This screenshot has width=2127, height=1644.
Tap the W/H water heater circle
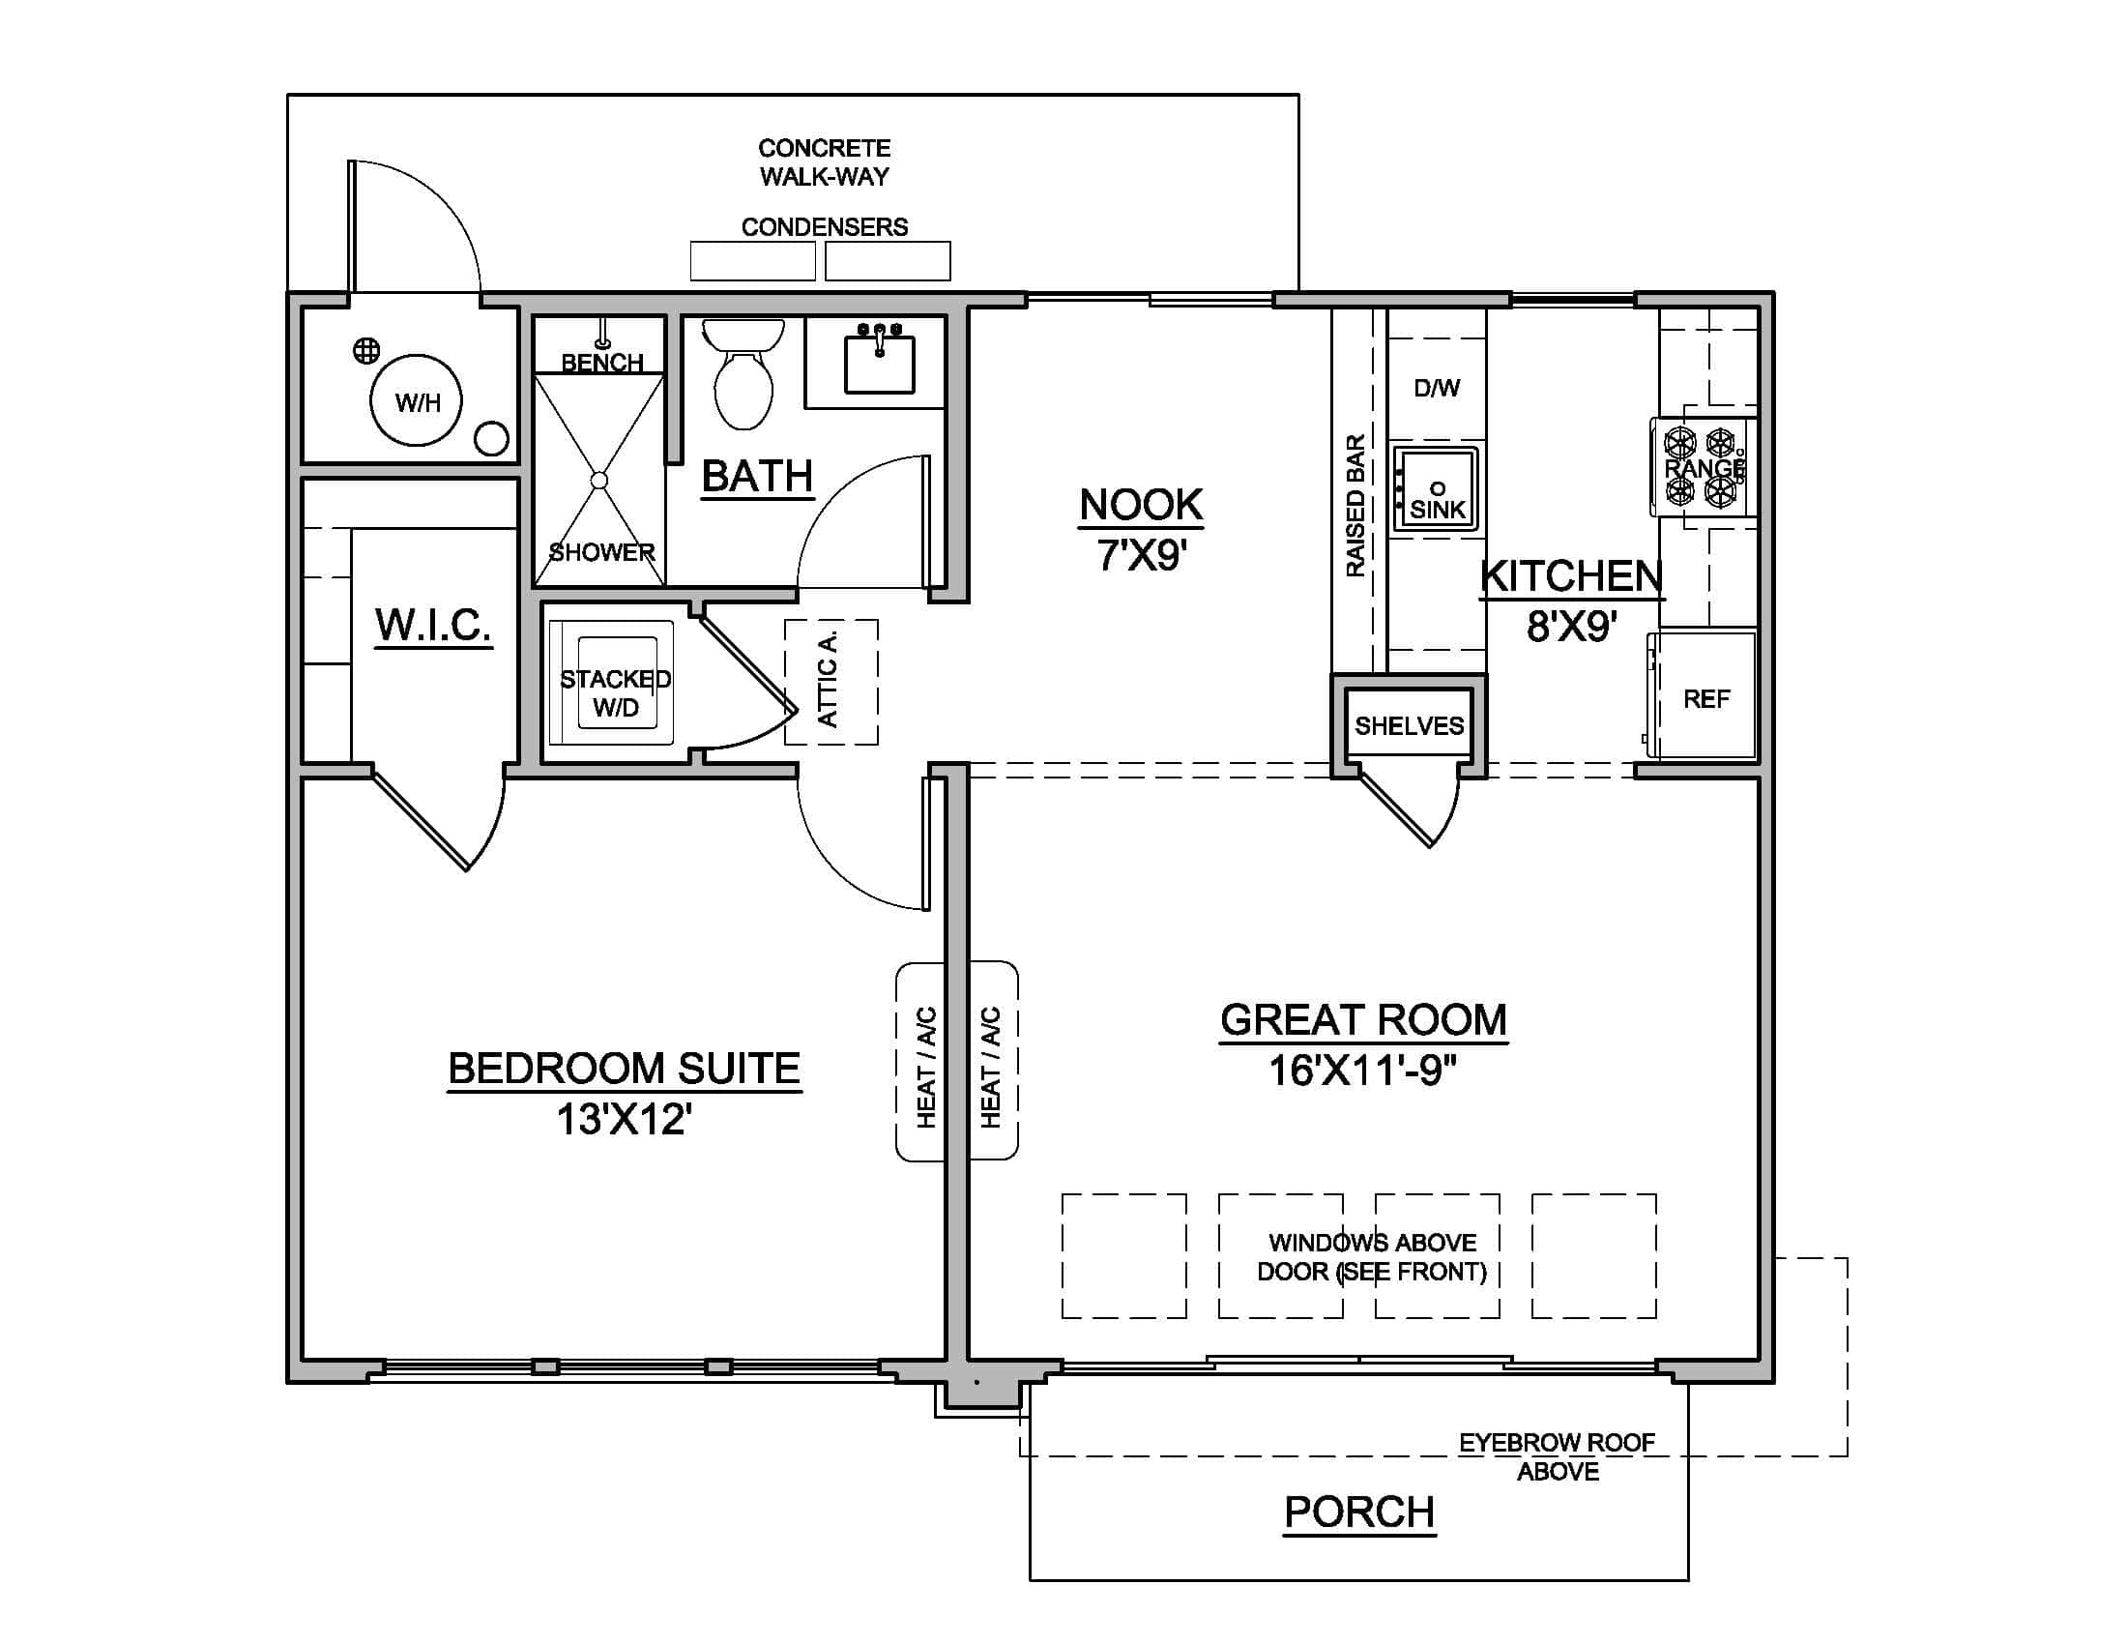pos(417,400)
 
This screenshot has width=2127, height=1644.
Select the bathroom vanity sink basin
pos(879,364)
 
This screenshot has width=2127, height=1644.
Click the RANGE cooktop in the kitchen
pos(1703,467)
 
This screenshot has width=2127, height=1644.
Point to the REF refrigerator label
pos(1706,698)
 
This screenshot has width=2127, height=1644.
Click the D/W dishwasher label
pos(1437,388)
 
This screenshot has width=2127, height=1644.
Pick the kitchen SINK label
pos(1438,509)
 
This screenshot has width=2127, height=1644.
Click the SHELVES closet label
pos(1410,725)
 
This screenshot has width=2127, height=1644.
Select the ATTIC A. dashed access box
pos(830,682)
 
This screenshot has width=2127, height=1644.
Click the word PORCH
pos(1358,1512)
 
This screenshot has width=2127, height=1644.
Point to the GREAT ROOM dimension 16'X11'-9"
pos(1361,1072)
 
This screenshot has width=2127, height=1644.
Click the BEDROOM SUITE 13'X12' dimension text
pos(624,1119)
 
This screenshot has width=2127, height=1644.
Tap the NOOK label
pos(1141,505)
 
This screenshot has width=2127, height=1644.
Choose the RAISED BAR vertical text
pos(1354,506)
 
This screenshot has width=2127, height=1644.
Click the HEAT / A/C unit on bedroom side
pos(924,1062)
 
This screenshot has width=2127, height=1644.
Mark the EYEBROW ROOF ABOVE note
pos(1557,1456)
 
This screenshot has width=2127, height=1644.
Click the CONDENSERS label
pos(824,227)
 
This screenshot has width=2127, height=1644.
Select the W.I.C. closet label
pos(433,625)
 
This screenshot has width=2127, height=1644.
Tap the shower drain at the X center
pos(599,481)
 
